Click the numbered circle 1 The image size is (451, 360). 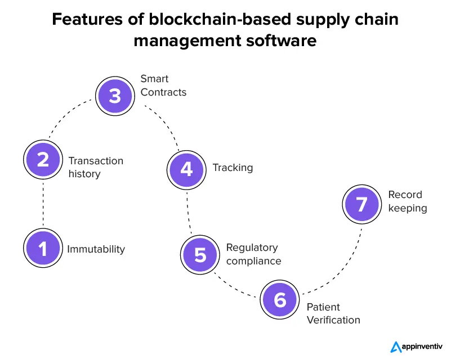[x=43, y=248]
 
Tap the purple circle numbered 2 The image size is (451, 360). [x=43, y=159]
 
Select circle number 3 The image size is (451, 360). [x=115, y=96]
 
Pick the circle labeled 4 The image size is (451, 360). [x=186, y=168]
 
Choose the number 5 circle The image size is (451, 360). [x=200, y=254]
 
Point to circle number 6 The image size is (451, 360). [x=280, y=299]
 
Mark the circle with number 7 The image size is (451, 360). [x=361, y=203]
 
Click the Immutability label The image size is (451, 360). [x=96, y=249]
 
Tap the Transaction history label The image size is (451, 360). [x=96, y=167]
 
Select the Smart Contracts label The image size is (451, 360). [x=163, y=85]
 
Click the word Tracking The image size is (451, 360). [x=233, y=168]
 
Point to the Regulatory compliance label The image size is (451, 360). [x=253, y=254]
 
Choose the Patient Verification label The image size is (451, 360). [x=333, y=314]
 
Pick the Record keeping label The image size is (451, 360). [x=408, y=201]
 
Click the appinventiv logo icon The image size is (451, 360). [x=395, y=347]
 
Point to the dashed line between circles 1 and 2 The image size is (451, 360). [x=43, y=204]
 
